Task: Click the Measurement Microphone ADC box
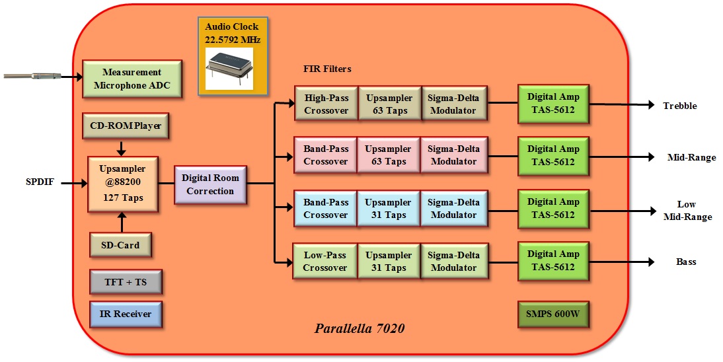point(132,79)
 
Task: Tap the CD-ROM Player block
point(126,126)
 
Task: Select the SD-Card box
point(120,245)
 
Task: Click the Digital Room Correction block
point(210,184)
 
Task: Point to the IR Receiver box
point(126,314)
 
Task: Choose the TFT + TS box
point(126,282)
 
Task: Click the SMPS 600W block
point(553,314)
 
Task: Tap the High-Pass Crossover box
point(326,104)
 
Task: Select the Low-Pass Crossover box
point(325,261)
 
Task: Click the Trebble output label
point(680,106)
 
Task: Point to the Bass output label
point(686,262)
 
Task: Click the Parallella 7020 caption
point(360,328)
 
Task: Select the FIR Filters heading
point(327,69)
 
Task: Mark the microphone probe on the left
point(33,76)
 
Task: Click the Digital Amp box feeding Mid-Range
point(553,156)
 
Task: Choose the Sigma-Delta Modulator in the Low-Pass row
point(453,261)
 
